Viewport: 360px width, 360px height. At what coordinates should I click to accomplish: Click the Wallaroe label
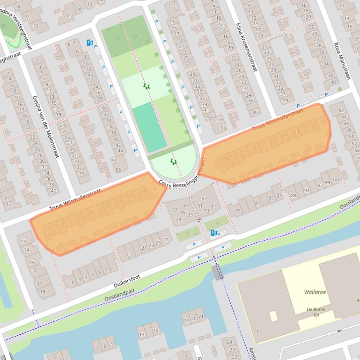(x=315, y=292)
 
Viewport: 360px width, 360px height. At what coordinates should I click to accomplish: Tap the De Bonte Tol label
(x=316, y=312)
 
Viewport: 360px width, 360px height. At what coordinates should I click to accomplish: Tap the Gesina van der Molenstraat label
(x=45, y=126)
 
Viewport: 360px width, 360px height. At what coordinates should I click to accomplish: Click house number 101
(x=336, y=180)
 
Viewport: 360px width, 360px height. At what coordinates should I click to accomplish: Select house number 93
(x=307, y=190)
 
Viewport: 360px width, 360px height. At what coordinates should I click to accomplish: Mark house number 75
(x=238, y=211)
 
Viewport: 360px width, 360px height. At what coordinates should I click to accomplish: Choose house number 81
(x=257, y=203)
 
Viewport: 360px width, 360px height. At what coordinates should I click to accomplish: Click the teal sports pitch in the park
(x=149, y=127)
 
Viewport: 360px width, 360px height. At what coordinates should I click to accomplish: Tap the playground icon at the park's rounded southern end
(x=174, y=162)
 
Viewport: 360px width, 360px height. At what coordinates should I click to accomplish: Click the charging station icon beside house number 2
(x=89, y=43)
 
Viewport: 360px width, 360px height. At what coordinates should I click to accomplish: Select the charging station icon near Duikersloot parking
(x=213, y=233)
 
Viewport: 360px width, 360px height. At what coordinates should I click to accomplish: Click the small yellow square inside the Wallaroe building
(x=273, y=316)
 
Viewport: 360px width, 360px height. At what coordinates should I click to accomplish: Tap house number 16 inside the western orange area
(x=143, y=192)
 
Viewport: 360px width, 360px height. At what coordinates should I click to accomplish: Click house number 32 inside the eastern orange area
(x=314, y=124)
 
